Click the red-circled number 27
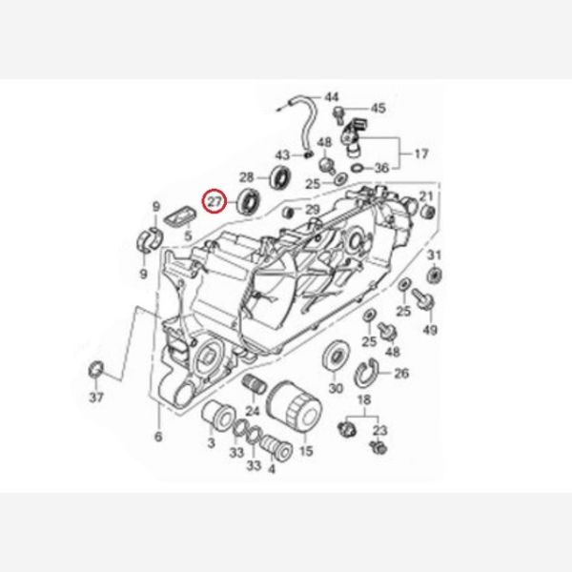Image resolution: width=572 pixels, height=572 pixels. [214, 201]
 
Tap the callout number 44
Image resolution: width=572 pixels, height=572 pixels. [332, 97]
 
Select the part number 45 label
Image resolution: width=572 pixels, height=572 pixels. [378, 108]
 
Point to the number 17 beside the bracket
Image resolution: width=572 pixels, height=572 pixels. [421, 153]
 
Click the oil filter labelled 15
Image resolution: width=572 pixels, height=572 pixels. [295, 407]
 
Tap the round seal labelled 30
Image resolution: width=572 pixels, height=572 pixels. [336, 356]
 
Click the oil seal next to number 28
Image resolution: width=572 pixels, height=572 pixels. [280, 177]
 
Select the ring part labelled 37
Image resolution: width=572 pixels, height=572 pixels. [96, 370]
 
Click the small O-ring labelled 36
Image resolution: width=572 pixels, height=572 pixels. [357, 168]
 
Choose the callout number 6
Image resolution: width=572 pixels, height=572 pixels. [158, 437]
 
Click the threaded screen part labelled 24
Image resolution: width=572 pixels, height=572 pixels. [255, 385]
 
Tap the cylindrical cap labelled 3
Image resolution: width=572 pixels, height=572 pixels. [218, 417]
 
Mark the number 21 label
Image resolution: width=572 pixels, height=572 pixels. [426, 196]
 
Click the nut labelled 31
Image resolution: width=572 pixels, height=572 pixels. [434, 275]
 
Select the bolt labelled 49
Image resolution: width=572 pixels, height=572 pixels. [422, 299]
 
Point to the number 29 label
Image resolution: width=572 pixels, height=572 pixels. [313, 210]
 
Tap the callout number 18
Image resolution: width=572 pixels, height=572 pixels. [364, 399]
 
